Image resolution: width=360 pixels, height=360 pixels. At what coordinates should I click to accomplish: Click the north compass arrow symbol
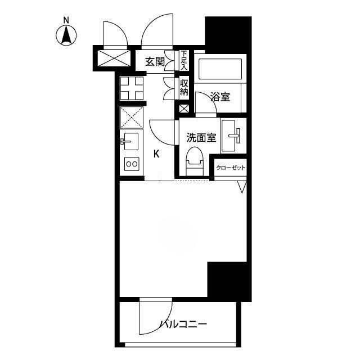click(66, 36)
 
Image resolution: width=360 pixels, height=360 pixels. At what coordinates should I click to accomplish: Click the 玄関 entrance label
click(155, 62)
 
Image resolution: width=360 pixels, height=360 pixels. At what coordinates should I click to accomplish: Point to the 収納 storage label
click(184, 88)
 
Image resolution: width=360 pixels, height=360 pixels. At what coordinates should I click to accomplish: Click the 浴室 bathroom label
click(220, 97)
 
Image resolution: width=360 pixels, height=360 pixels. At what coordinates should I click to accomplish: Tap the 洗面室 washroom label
click(201, 137)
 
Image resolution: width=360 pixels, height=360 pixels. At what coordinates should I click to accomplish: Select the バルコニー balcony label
click(183, 325)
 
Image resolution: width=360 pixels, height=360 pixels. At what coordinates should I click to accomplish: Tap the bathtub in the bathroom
click(220, 69)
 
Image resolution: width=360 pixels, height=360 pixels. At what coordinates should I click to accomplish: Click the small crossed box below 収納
click(184, 109)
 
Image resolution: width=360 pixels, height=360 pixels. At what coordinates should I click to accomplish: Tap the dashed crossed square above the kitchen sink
click(132, 118)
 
